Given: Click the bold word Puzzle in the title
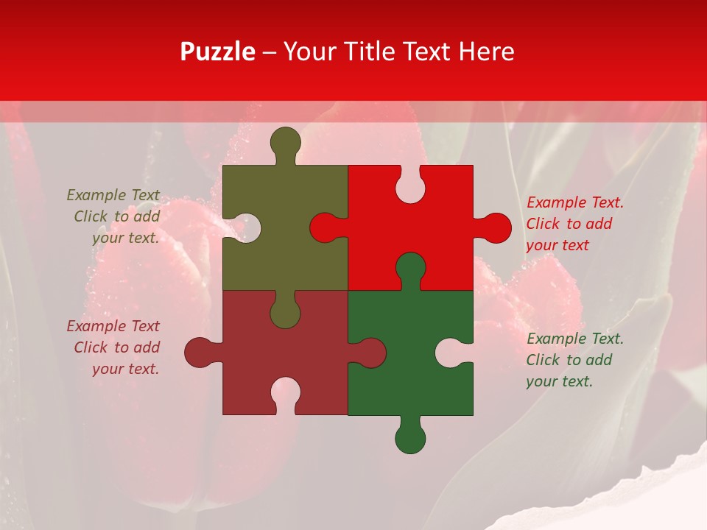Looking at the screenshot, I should [218, 52].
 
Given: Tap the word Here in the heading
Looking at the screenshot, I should [486, 52].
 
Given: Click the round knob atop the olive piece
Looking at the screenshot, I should [286, 141].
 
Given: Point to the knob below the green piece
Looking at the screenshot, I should [410, 438].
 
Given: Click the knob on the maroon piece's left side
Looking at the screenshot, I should [200, 353].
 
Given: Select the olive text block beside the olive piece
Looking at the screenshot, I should [115, 216].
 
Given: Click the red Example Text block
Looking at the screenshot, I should [574, 224].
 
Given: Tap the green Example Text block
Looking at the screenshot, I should [574, 360].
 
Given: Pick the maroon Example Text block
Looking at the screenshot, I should [115, 347].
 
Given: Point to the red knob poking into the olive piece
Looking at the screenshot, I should [325, 227].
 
